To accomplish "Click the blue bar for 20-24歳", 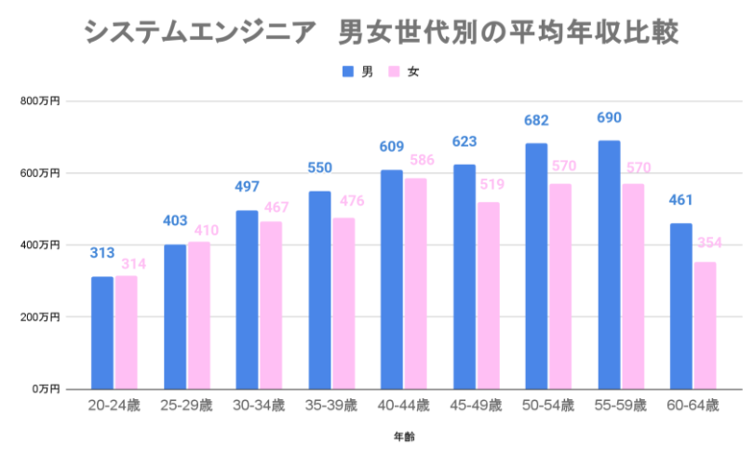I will click(102, 333).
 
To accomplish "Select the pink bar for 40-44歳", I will click(415, 284).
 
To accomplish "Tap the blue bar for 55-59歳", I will click(609, 265).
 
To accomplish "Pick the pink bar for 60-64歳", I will click(705, 326).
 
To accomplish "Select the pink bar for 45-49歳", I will click(488, 296).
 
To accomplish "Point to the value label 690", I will click(609, 118).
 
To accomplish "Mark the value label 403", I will click(175, 220).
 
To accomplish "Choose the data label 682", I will click(536, 121).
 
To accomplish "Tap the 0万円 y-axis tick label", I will click(45, 389).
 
